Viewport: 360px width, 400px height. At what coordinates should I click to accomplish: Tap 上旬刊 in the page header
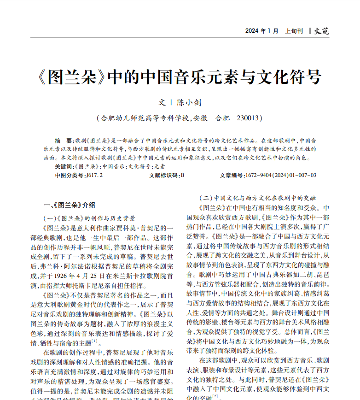294,31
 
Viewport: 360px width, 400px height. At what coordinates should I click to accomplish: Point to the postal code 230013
249,118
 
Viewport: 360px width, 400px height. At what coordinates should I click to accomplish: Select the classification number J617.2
94,175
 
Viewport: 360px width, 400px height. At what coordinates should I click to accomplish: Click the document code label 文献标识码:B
167,175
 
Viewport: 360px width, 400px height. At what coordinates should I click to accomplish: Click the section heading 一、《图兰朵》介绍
69,205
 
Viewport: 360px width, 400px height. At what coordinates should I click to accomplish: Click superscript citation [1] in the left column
94,341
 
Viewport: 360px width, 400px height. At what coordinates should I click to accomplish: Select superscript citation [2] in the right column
215,395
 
